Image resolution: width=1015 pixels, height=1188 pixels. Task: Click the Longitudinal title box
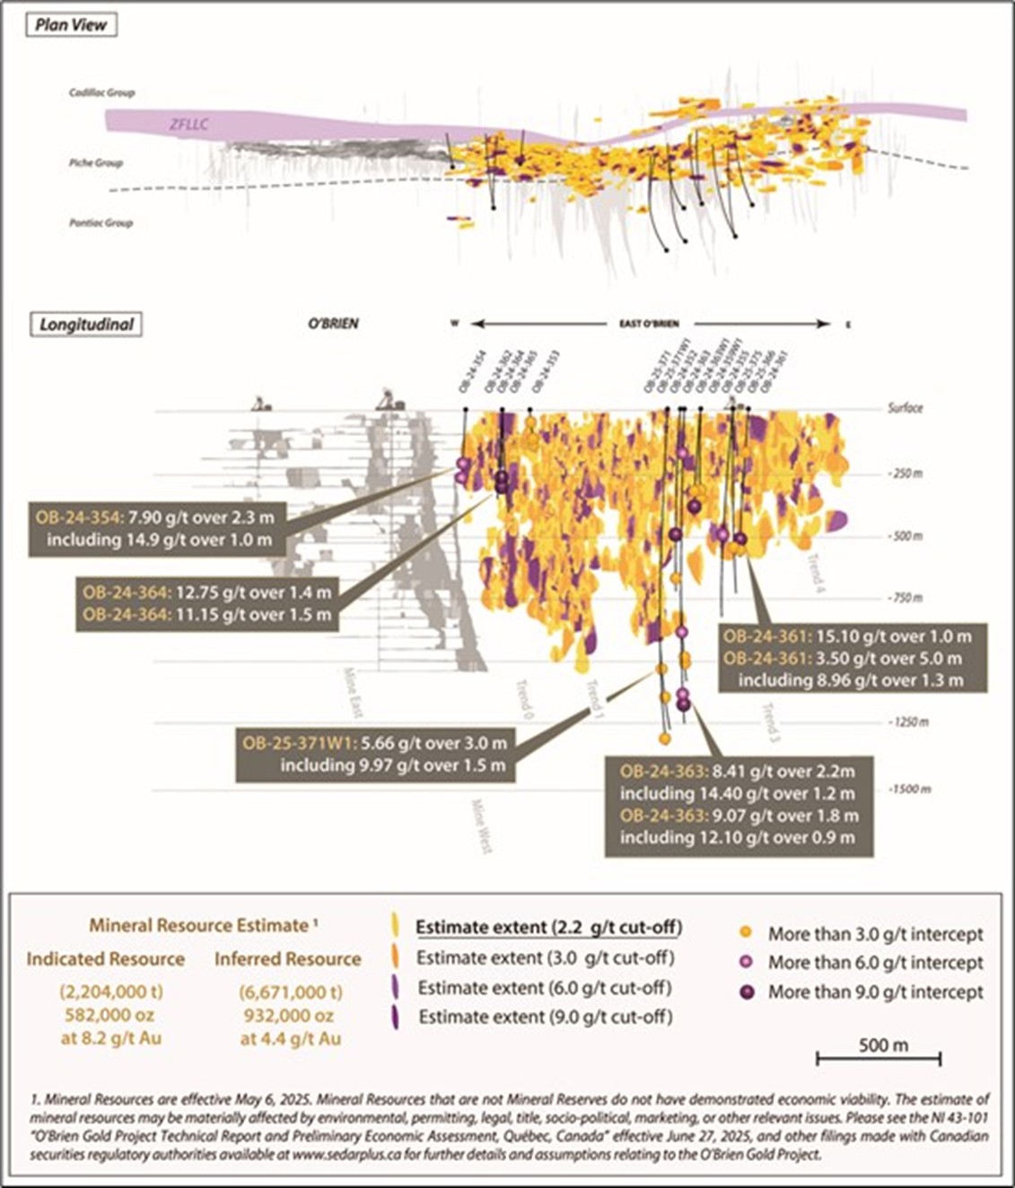[x=85, y=324]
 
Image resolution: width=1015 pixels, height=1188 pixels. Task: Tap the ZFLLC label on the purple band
[x=188, y=124]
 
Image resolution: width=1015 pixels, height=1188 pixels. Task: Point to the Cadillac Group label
[x=102, y=92]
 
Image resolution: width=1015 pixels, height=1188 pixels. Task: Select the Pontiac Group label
[x=101, y=223]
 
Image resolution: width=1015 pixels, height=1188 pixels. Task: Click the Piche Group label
[x=96, y=163]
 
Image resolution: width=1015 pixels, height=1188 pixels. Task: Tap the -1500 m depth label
[x=907, y=789]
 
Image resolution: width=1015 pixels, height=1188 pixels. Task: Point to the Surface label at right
[x=905, y=407]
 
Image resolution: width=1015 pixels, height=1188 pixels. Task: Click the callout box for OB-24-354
[x=158, y=528]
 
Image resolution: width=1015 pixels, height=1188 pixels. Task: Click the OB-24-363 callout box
[x=739, y=805]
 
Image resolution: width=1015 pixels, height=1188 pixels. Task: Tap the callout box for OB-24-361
[x=853, y=658]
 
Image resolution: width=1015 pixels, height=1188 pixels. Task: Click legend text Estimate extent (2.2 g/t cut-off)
[x=548, y=927]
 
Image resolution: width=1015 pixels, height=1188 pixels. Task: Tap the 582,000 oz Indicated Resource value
[x=105, y=1016]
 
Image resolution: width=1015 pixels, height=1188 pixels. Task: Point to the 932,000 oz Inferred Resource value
[x=286, y=1016]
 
